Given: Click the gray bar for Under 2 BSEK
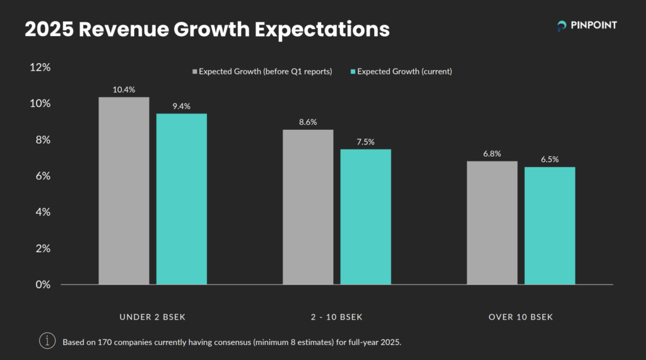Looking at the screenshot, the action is point(124,190).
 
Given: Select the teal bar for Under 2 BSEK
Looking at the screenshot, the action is point(181,199).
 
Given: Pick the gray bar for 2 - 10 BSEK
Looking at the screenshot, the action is point(308,207).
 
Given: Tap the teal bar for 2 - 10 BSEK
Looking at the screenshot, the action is point(365,217).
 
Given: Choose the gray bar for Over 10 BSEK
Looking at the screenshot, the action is point(492,223).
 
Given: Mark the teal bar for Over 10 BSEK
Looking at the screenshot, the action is point(549,226).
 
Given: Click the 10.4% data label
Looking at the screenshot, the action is point(124,90).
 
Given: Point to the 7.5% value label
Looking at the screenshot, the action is point(365,142).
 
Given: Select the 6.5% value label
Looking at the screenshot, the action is point(549,159).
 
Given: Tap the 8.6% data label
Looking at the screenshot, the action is point(308,122).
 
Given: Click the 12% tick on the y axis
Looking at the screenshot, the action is point(40,67).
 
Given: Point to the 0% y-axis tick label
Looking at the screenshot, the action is point(43,284).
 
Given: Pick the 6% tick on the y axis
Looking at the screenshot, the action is point(43,176).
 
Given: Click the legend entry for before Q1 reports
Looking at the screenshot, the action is point(262,71).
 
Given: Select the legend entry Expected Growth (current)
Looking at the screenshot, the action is point(401,71).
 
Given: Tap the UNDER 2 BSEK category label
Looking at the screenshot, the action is point(153,316).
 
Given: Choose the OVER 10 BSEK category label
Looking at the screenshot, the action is point(520,316).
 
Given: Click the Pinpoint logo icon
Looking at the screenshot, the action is point(561,26).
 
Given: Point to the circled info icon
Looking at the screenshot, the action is point(47,340).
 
